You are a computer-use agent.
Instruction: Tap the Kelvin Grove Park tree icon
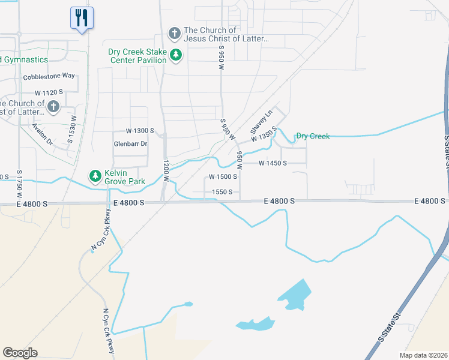[95, 175]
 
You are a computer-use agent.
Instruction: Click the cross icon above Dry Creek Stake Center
[174, 34]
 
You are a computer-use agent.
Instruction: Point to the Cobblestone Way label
[49, 76]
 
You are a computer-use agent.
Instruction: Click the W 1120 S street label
[49, 93]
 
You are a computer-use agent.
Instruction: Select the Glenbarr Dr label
[130, 144]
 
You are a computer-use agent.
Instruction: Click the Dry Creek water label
[313, 136]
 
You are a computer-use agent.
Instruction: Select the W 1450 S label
[273, 163]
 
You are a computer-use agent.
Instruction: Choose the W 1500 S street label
[223, 177]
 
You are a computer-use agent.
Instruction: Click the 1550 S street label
[222, 192]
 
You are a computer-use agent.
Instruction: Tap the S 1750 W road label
[20, 184]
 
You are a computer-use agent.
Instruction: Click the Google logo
[20, 353]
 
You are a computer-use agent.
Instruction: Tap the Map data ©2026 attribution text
[423, 355]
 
